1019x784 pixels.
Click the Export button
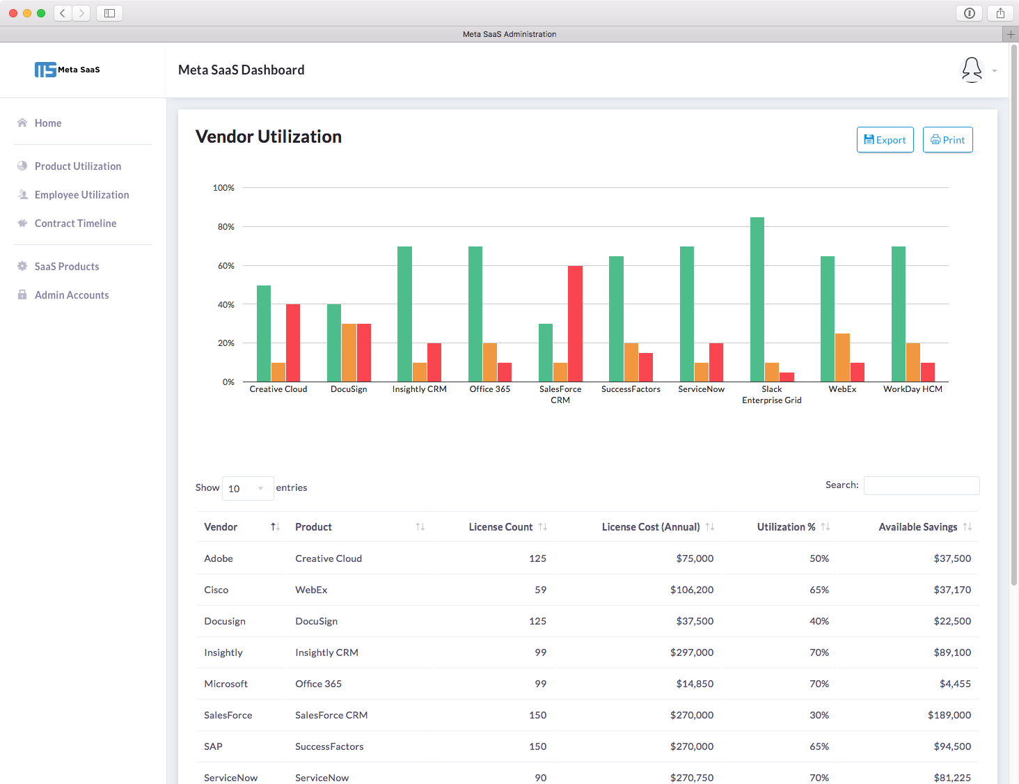click(x=885, y=140)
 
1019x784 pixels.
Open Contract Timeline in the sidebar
click(x=75, y=224)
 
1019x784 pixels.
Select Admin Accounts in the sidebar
click(x=72, y=295)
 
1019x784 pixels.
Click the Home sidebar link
click(x=48, y=123)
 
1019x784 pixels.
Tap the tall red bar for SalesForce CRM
click(x=575, y=324)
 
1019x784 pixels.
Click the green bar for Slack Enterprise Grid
click(x=757, y=299)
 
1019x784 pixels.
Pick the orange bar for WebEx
click(x=842, y=358)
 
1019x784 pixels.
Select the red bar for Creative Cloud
click(x=293, y=343)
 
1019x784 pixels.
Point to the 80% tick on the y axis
click(x=226, y=227)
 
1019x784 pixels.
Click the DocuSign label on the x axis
click(x=349, y=389)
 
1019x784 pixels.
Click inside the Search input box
click(x=921, y=485)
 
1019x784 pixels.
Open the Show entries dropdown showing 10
click(x=247, y=489)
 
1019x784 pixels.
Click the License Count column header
click(x=500, y=527)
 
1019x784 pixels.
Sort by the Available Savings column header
click(x=917, y=527)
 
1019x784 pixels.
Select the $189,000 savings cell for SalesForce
click(x=949, y=715)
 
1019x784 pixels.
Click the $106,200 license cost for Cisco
click(x=691, y=590)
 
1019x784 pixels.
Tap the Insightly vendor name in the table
click(x=223, y=652)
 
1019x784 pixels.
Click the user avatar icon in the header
click(x=972, y=70)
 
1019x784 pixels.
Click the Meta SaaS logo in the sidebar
click(x=68, y=70)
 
